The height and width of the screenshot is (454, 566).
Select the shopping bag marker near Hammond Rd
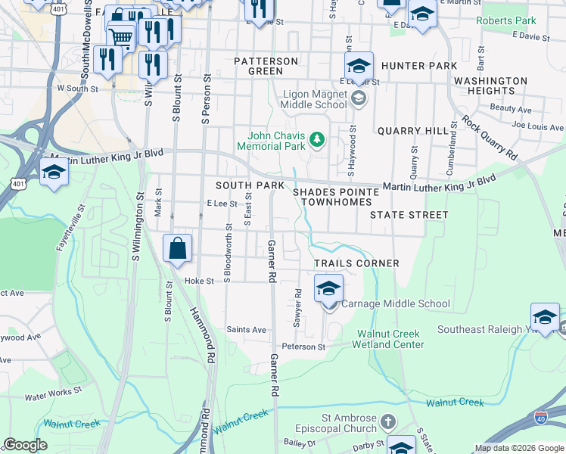click(178, 249)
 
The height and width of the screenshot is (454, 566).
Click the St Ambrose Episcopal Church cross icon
click(387, 421)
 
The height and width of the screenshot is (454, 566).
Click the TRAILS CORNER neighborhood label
click(357, 263)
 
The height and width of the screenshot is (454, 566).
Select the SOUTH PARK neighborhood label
click(250, 185)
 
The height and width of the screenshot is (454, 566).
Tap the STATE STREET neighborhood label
click(409, 215)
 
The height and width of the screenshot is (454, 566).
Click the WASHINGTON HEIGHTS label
click(490, 86)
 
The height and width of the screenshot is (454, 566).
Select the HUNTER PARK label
click(419, 67)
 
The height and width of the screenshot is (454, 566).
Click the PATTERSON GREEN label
click(266, 66)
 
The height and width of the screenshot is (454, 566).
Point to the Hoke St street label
click(200, 281)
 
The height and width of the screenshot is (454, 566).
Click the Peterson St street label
click(305, 347)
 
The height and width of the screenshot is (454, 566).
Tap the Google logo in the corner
click(25, 445)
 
